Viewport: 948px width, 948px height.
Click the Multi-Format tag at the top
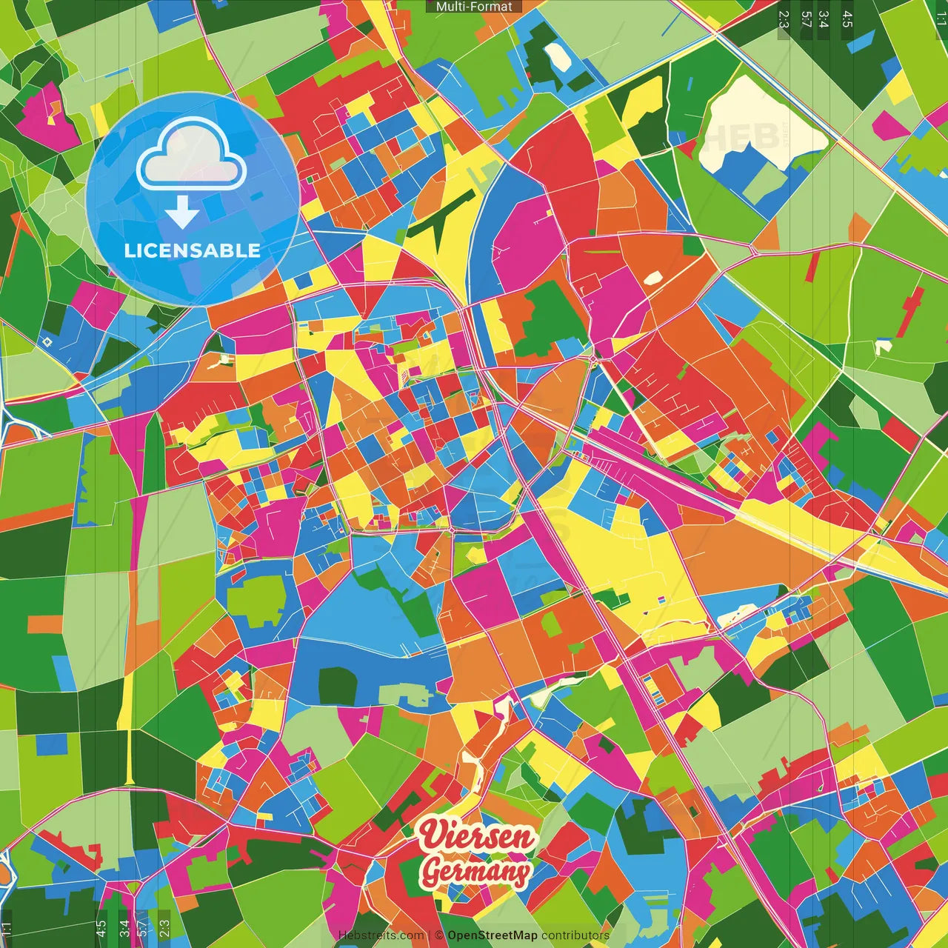pos(473,7)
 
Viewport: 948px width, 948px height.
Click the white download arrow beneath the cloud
pos(182,213)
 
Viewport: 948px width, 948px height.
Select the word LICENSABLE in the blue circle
pos(192,250)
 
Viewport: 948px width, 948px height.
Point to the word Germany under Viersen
pos(475,871)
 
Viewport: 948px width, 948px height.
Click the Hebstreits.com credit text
pos(381,935)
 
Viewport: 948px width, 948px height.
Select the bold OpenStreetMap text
pos(492,935)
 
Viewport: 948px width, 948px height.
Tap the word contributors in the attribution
pos(575,935)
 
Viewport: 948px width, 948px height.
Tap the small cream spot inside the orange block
pos(652,278)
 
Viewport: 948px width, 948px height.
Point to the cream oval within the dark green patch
pos(555,56)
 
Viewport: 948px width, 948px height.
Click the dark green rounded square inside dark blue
pos(337,687)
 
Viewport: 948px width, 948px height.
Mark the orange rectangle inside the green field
pos(44,624)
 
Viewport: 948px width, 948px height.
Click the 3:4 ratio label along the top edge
pos(824,19)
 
